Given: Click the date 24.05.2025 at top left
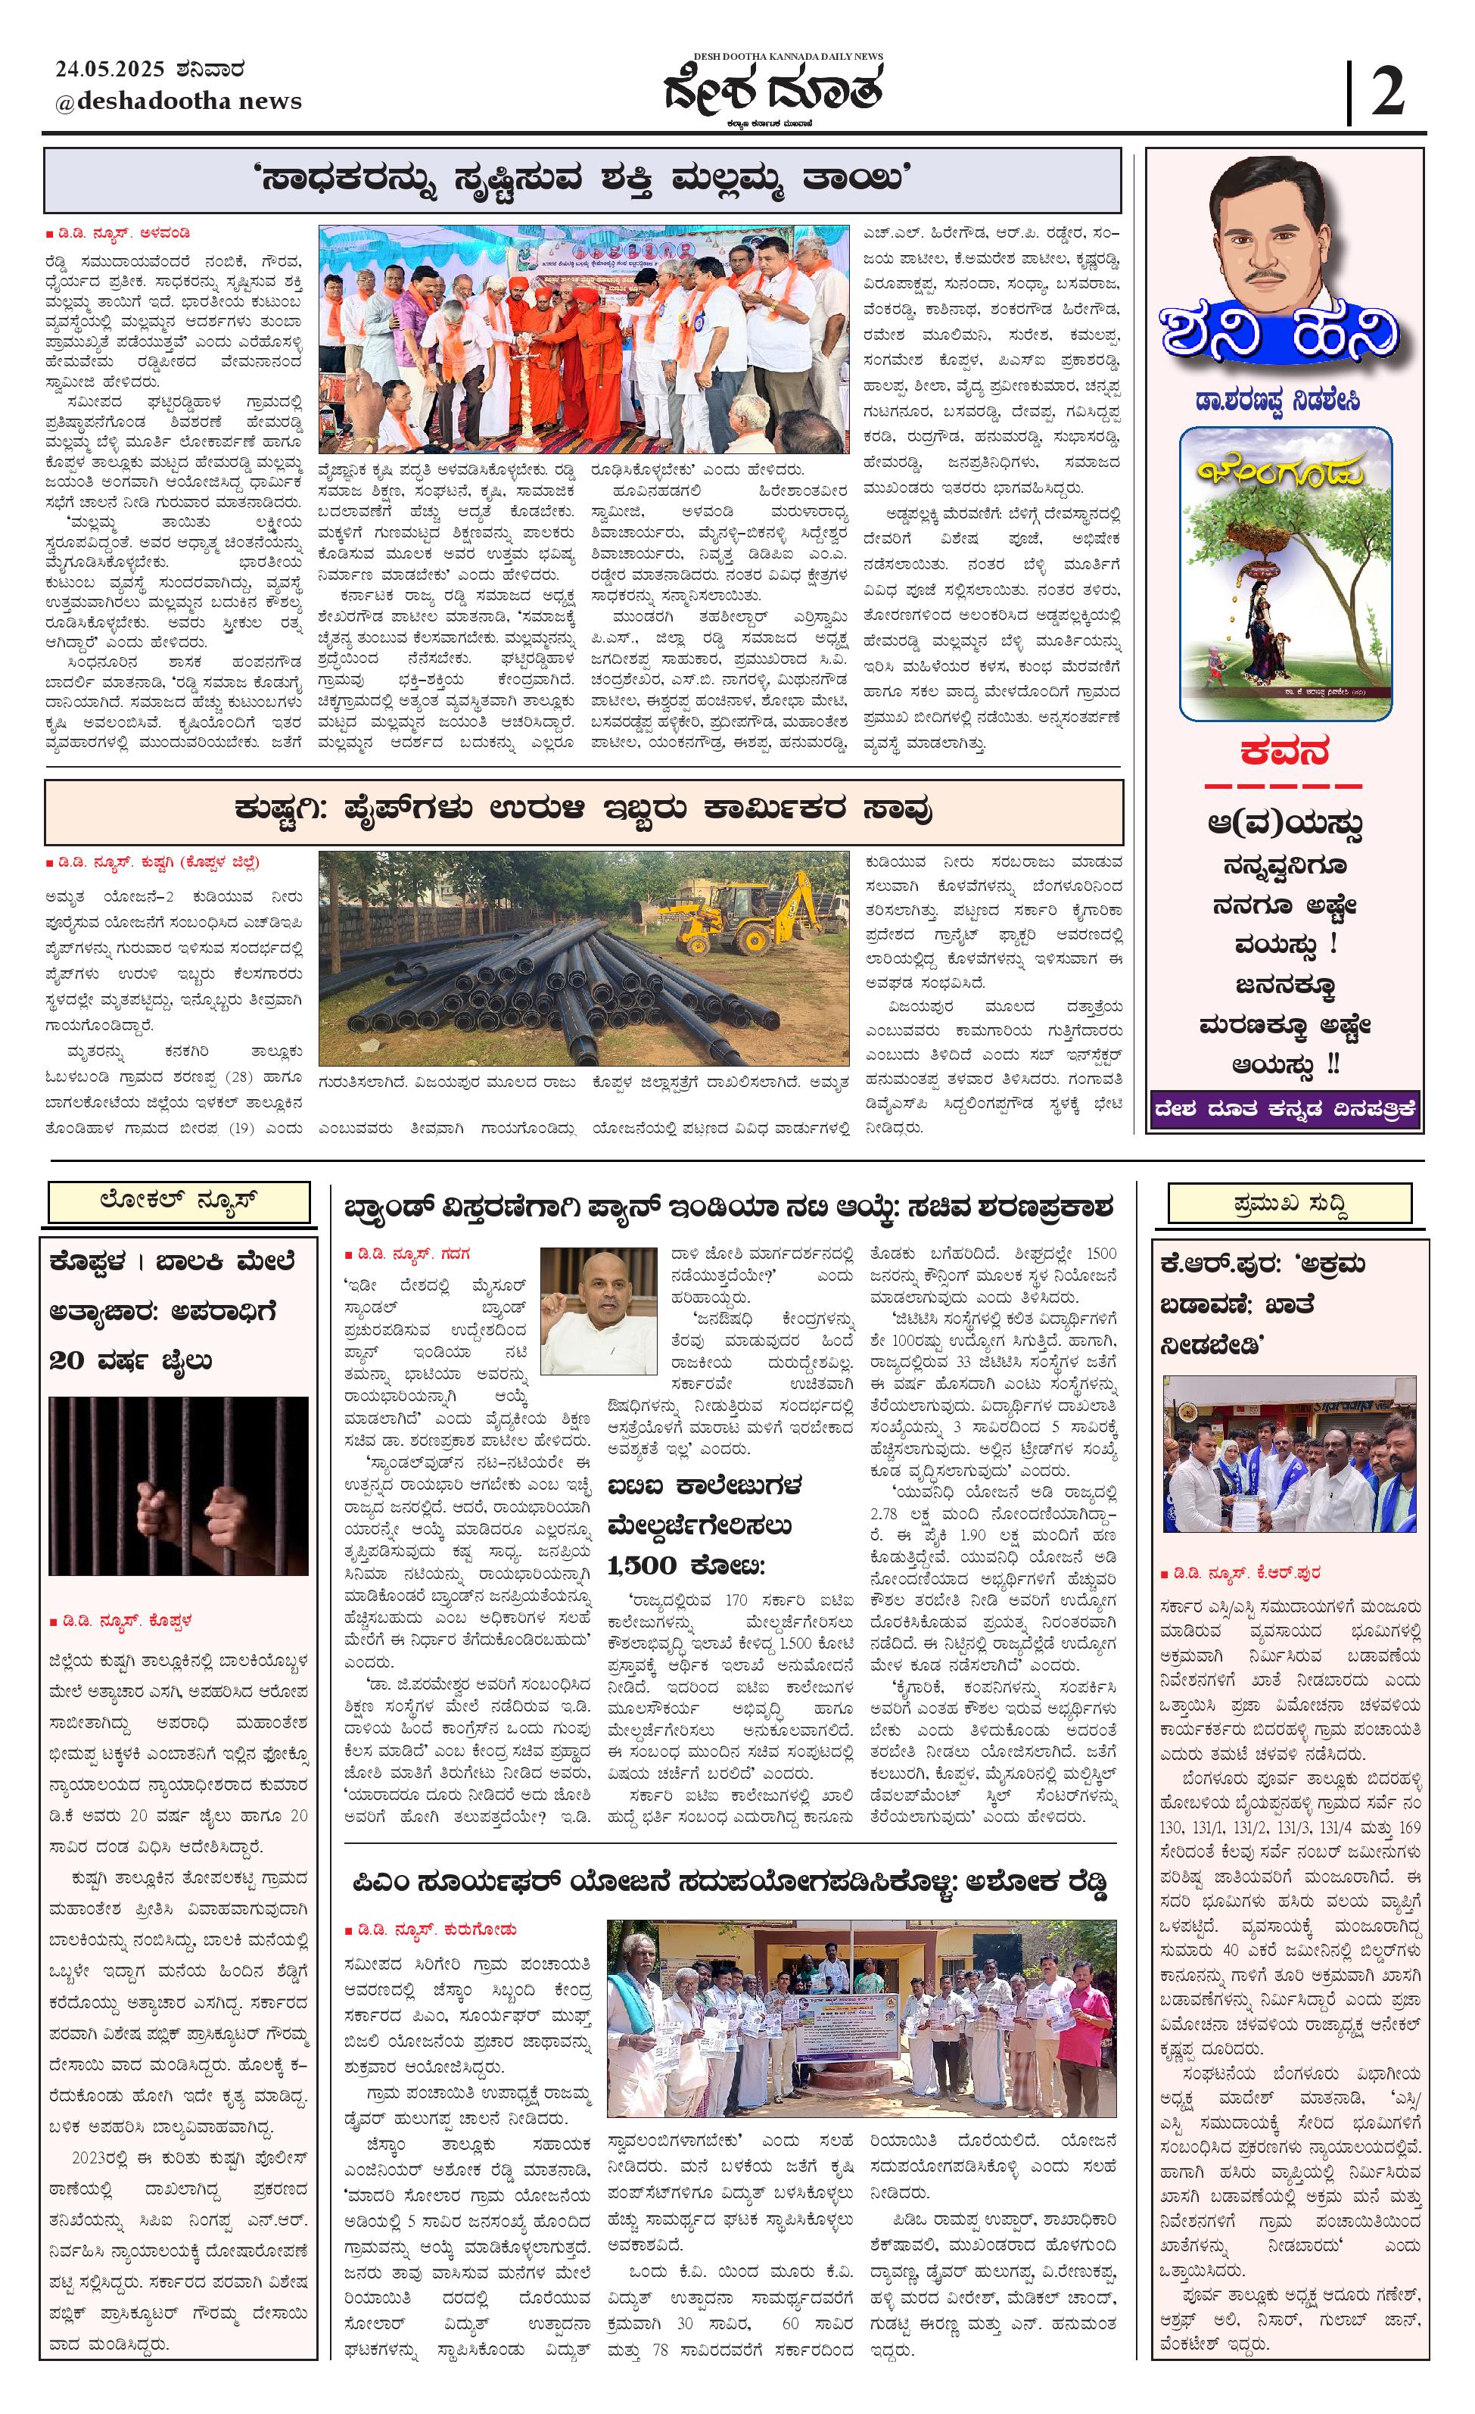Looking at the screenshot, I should (x=110, y=70).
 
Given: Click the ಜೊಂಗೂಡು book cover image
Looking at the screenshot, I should (x=1285, y=574).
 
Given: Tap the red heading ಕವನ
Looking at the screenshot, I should (x=1284, y=752).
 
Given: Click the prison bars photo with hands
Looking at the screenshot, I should (x=179, y=1486).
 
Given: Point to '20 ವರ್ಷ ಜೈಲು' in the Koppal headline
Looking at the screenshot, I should (x=129, y=1360).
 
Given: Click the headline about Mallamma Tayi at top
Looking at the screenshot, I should (x=583, y=180).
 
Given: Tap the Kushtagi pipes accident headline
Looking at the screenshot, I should (x=583, y=810).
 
